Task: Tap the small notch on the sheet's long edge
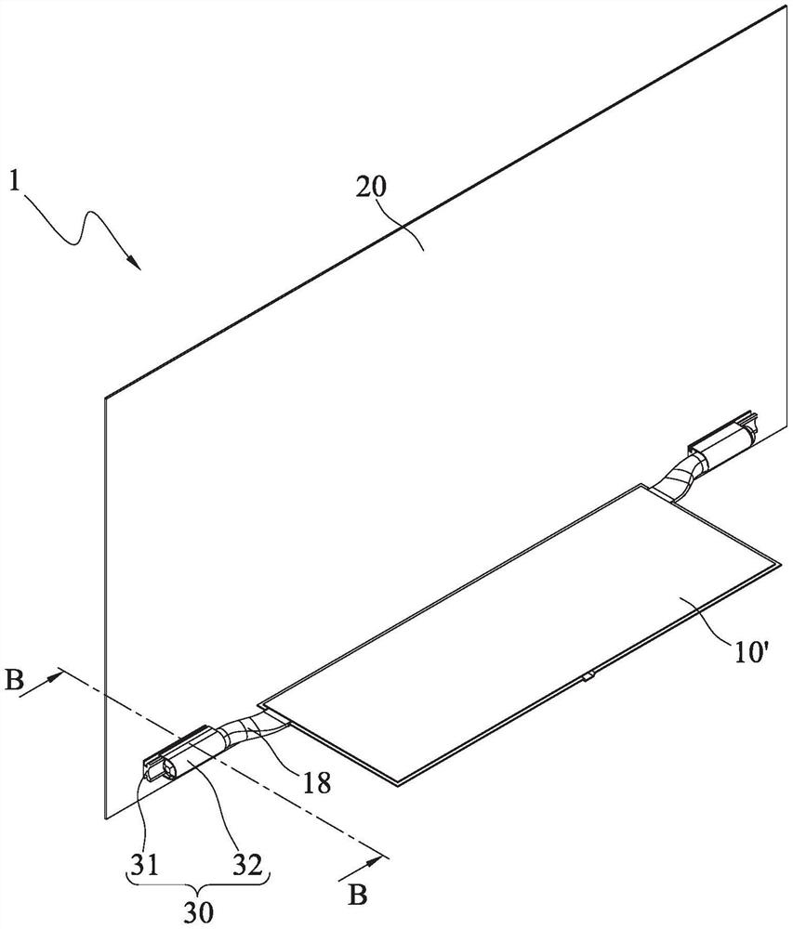point(588,677)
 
